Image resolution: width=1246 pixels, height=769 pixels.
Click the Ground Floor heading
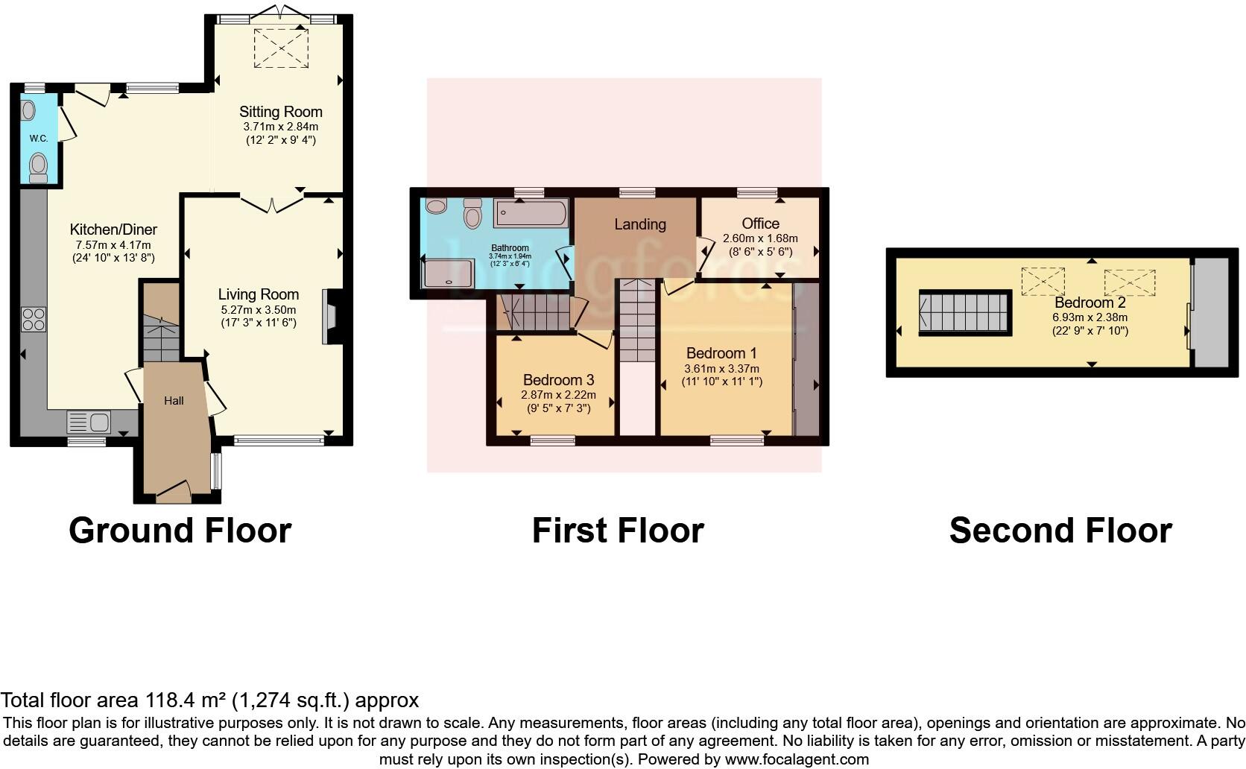tap(180, 531)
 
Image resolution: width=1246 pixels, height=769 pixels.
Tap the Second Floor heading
tap(1060, 531)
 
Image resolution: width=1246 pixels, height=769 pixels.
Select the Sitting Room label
tap(280, 112)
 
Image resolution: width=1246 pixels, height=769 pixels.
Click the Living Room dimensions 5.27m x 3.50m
tap(259, 310)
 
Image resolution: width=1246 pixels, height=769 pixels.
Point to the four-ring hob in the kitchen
tap(34, 320)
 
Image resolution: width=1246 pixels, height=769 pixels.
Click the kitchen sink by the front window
tap(89, 423)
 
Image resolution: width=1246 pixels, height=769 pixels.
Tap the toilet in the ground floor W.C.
tap(38, 167)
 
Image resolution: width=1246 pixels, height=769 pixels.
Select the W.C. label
tap(38, 139)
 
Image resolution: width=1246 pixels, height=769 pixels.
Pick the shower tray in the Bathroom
tap(448, 273)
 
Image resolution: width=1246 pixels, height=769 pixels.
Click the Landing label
tap(639, 224)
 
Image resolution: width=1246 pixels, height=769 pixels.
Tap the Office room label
tap(760, 224)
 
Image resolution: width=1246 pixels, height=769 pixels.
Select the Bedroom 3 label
tap(558, 380)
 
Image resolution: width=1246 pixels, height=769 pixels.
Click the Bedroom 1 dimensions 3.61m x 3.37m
tap(721, 369)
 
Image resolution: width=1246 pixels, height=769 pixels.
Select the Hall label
tap(174, 401)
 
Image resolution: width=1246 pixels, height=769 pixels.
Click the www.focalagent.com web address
tap(796, 760)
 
